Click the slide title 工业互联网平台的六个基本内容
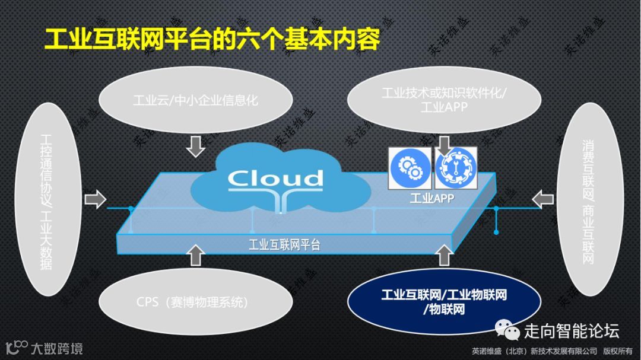pos(212,40)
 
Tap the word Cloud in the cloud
pos(275,178)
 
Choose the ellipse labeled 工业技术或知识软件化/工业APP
pos(443,100)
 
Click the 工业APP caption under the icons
pos(431,199)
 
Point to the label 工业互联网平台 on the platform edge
pos(284,244)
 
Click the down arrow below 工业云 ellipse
pos(195,145)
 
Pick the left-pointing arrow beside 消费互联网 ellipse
pos(542,199)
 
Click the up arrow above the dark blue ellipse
pos(444,255)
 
